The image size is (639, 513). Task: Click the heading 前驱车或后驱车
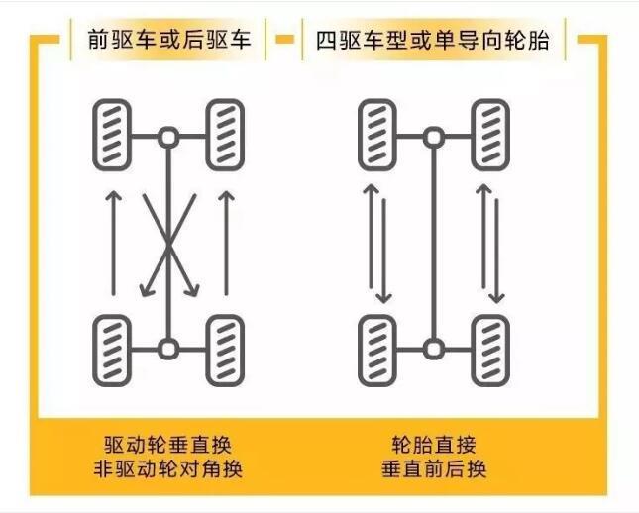point(168,40)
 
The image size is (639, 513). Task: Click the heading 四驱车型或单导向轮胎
point(433,40)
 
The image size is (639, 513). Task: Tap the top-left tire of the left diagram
point(112,135)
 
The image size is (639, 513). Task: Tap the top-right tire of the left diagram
point(225,135)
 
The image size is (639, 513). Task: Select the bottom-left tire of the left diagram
point(112,351)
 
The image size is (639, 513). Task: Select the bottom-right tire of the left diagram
point(225,351)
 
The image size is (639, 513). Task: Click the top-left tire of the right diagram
point(377,135)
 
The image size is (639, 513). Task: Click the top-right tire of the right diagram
point(490,135)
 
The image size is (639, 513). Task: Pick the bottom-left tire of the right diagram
point(377,351)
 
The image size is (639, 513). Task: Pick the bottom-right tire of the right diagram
point(490,351)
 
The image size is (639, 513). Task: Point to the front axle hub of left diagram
point(168,137)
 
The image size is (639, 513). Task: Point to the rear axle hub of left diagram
point(168,349)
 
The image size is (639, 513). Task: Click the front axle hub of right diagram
point(434,137)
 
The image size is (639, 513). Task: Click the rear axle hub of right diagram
point(434,349)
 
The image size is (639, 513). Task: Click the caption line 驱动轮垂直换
point(167,445)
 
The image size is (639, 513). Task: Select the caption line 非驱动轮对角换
point(167,469)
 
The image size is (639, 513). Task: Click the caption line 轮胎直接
point(434,445)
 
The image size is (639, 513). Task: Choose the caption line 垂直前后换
point(434,469)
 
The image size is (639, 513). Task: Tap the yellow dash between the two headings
point(284,39)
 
